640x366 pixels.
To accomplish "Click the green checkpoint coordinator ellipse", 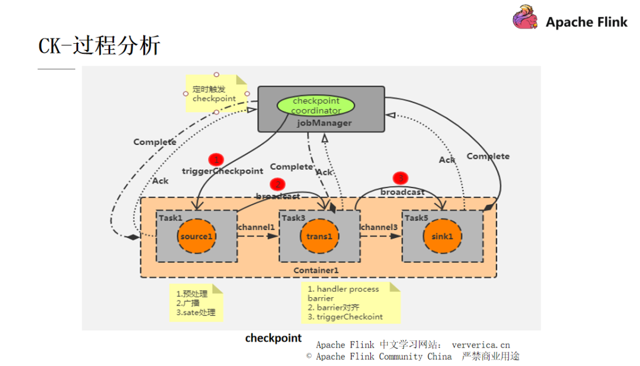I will point(315,106).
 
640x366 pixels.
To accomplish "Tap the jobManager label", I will point(324,123).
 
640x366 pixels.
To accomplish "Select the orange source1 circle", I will point(196,237).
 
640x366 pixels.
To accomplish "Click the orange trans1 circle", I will point(319,237).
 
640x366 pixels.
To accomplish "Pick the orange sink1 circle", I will point(442,237).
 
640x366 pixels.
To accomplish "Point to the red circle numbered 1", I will point(216,159).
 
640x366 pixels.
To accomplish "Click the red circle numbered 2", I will point(277,184).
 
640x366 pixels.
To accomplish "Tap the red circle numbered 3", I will point(401,177).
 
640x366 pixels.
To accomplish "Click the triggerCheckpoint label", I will point(222,171).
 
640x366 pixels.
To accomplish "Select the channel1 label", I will point(256,227).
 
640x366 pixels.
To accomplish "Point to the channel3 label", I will point(379,227).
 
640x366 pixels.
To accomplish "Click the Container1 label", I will point(316,270).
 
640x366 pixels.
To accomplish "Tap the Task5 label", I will point(416,218).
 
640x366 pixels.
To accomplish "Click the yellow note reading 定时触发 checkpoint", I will point(215,94).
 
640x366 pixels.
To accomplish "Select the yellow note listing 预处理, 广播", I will point(196,303).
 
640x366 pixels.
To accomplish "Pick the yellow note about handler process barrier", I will point(350,303).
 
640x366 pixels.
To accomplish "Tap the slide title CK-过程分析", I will point(100,45).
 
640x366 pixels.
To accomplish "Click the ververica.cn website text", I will point(480,345).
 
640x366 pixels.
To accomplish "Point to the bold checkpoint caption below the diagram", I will point(273,338).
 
